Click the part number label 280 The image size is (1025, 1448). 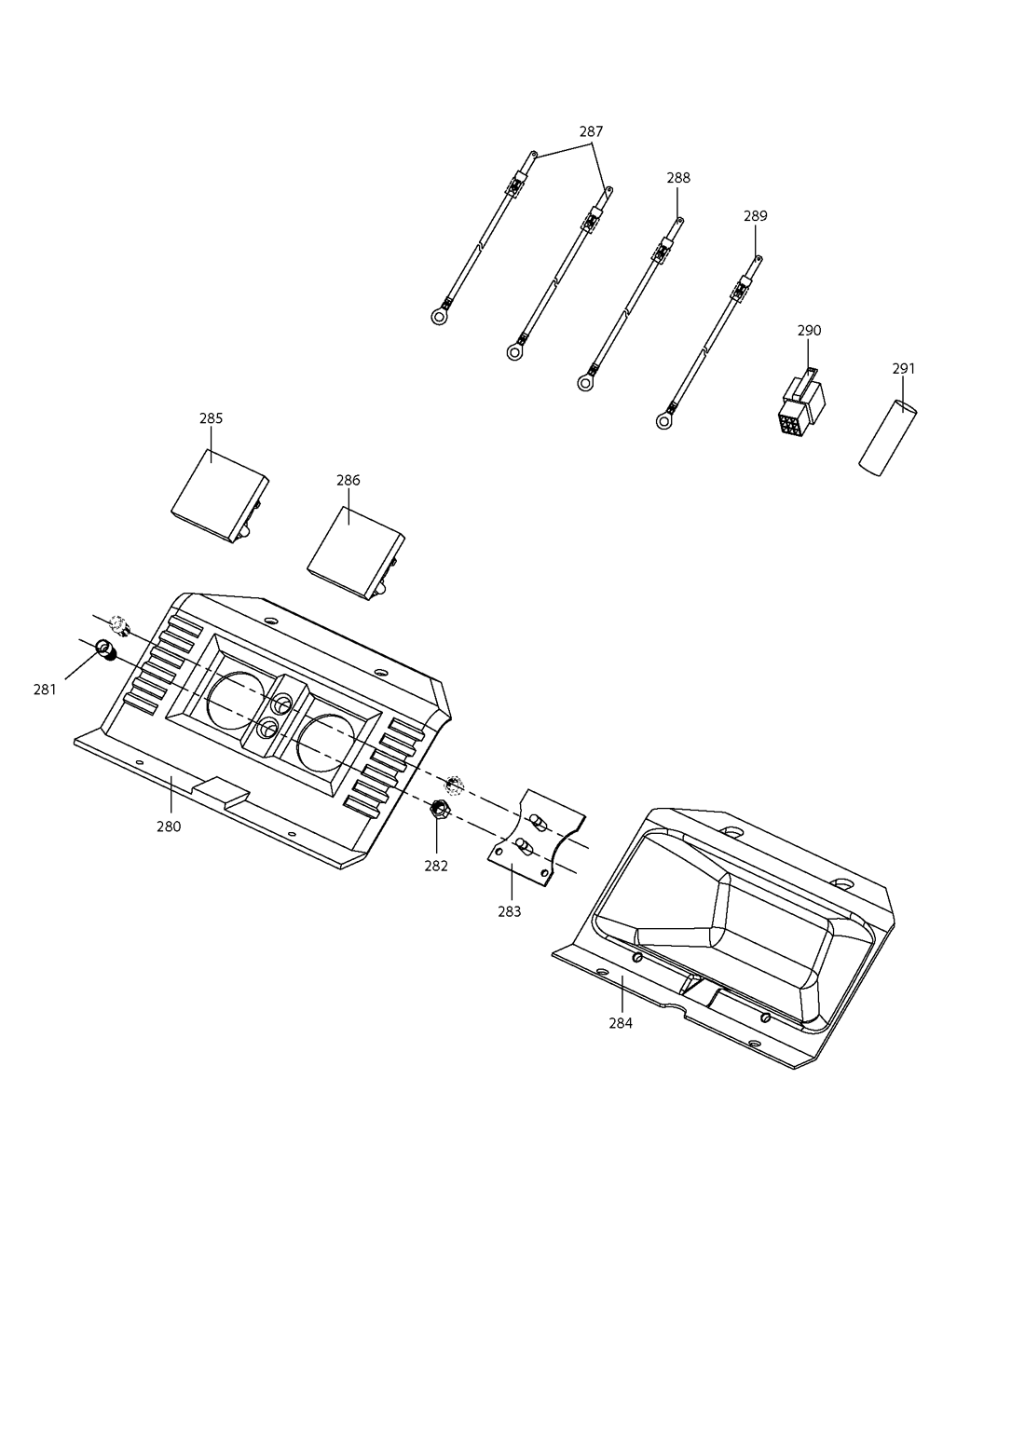169,826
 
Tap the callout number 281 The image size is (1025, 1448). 45,690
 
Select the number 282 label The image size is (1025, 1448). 436,866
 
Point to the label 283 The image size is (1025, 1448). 510,911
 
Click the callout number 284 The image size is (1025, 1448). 621,1023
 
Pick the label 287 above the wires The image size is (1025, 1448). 592,131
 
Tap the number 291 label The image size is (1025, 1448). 904,368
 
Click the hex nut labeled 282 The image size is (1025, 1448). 440,807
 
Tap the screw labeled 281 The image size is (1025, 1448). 104,649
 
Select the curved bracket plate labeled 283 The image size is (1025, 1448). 536,837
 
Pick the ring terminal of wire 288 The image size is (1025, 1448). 585,383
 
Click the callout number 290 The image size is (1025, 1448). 809,331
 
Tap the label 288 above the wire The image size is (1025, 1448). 678,178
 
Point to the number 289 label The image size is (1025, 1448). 756,216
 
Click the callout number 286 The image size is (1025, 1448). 348,480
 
